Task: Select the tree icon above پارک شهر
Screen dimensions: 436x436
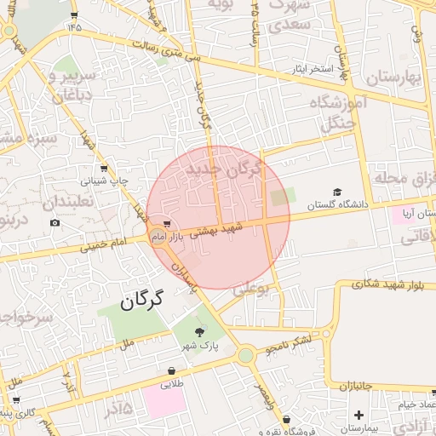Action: tap(199, 332)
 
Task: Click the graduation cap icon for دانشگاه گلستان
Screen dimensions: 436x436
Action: tap(337, 192)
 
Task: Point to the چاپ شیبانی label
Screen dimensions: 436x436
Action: tap(105, 181)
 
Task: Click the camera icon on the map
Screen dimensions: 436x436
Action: tap(55, 223)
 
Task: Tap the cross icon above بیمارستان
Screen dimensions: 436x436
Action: tap(359, 415)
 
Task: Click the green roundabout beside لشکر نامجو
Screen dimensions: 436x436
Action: tap(246, 354)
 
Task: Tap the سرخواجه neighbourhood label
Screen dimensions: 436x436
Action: tap(26, 318)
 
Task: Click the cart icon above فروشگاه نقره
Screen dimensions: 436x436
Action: tap(288, 419)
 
